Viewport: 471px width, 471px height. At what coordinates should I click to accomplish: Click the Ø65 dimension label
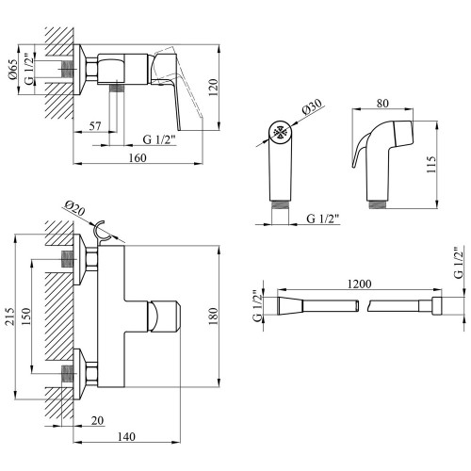[13, 70]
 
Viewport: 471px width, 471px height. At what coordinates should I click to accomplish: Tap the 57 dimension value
[95, 126]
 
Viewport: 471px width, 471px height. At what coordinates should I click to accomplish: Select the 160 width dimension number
[138, 157]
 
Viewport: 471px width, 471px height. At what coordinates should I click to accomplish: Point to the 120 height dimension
[213, 88]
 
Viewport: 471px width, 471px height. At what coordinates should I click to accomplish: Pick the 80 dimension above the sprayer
[382, 103]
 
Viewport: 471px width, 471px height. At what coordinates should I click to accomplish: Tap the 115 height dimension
[431, 164]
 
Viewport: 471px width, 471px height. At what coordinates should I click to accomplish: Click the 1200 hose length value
[359, 284]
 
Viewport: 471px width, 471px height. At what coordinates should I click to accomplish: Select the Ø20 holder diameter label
[74, 208]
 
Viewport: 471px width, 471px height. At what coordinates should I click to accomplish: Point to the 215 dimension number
[9, 317]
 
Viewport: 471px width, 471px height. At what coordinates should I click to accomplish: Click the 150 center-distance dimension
[25, 317]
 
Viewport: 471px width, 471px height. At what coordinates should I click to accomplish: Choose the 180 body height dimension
[213, 317]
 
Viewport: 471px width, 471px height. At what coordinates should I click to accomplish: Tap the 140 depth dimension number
[126, 436]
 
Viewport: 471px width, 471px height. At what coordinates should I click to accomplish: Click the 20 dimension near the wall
[97, 420]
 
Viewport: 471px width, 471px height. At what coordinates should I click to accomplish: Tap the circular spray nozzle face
[281, 132]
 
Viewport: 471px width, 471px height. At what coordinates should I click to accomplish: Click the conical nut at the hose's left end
[290, 306]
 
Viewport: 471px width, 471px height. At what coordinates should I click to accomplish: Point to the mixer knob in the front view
[163, 317]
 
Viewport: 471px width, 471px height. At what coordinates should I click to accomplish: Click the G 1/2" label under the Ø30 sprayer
[323, 219]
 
